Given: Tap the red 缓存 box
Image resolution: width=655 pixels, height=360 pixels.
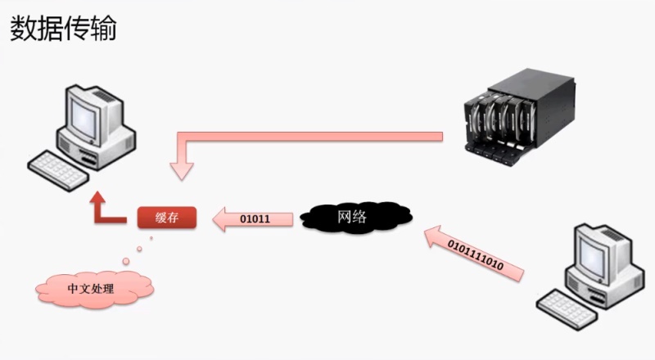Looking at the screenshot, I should point(167,217).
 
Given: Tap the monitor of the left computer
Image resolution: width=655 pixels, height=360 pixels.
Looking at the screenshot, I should point(93,114).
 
